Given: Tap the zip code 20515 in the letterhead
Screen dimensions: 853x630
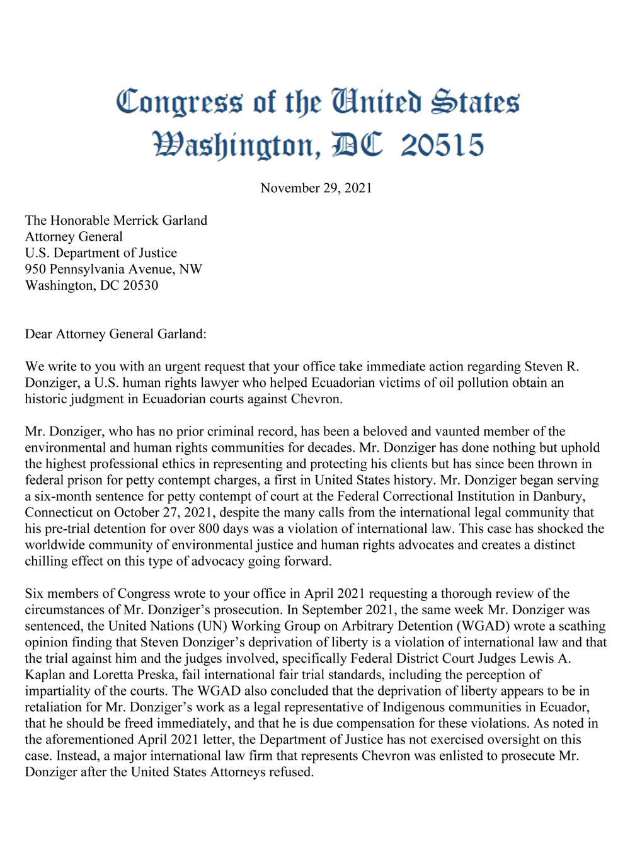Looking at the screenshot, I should pyautogui.click(x=442, y=146).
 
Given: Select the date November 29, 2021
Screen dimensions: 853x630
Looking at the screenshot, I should pyautogui.click(x=316, y=188).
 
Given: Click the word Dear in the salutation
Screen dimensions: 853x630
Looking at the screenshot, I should pyautogui.click(x=39, y=334).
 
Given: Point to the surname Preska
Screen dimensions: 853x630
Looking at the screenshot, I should pyautogui.click(x=155, y=675).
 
